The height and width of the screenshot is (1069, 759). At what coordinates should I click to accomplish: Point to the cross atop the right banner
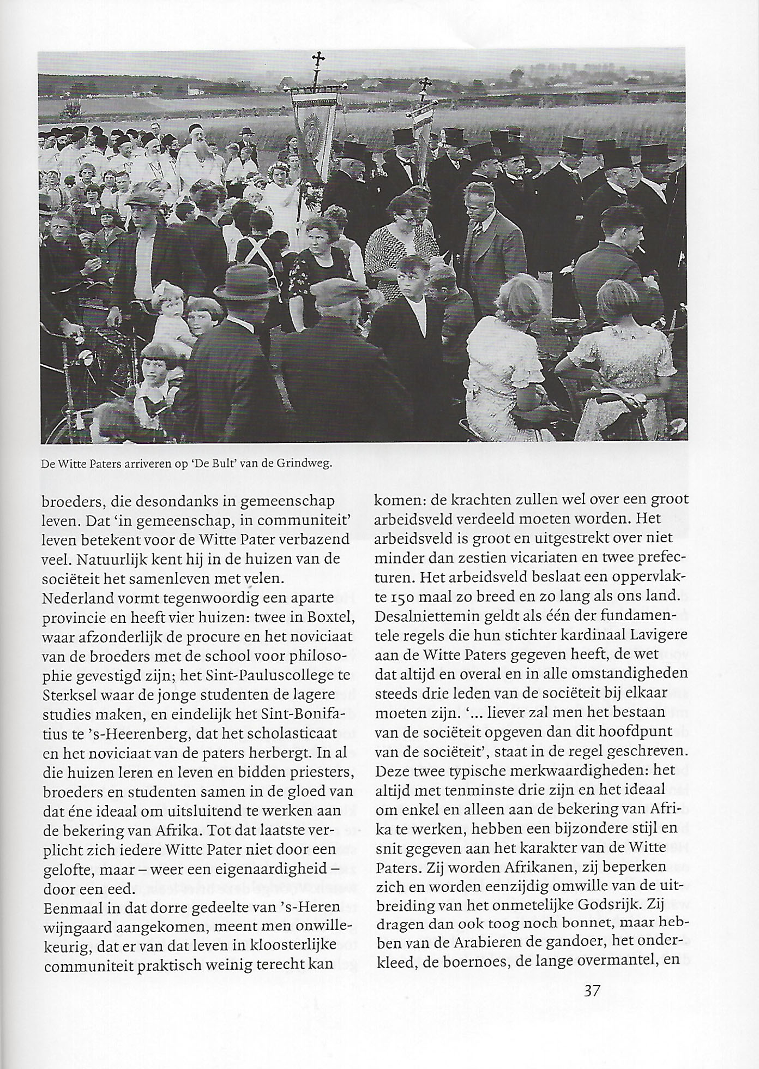(x=424, y=85)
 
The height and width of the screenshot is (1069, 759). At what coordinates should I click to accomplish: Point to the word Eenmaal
(x=75, y=907)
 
